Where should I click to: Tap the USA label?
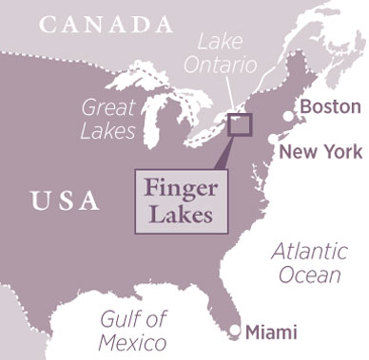(x=65, y=200)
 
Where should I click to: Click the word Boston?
(x=330, y=106)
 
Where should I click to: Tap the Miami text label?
(x=271, y=332)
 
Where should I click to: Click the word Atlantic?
(x=305, y=253)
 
